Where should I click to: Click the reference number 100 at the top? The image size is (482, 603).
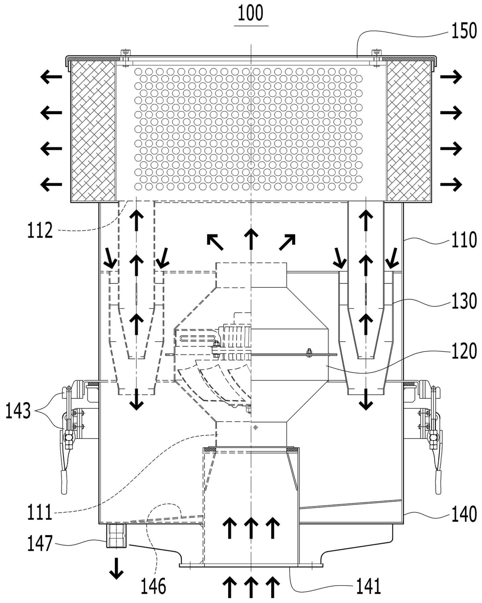pyautogui.click(x=251, y=13)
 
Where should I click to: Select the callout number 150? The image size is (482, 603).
pyautogui.click(x=464, y=31)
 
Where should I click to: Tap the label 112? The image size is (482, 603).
pyautogui.click(x=40, y=230)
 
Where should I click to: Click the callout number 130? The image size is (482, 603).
pyautogui.click(x=464, y=301)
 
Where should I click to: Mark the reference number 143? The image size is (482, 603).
pyautogui.click(x=18, y=411)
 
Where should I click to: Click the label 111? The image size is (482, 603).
pyautogui.click(x=40, y=512)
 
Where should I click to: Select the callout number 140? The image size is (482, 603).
pyautogui.click(x=464, y=514)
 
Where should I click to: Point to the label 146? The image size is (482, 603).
pyautogui.click(x=153, y=586)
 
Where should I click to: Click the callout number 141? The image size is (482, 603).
pyautogui.click(x=368, y=586)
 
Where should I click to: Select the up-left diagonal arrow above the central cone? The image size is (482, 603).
pyautogui.click(x=215, y=242)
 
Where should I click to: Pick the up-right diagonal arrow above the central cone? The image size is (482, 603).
pyautogui.click(x=287, y=242)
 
